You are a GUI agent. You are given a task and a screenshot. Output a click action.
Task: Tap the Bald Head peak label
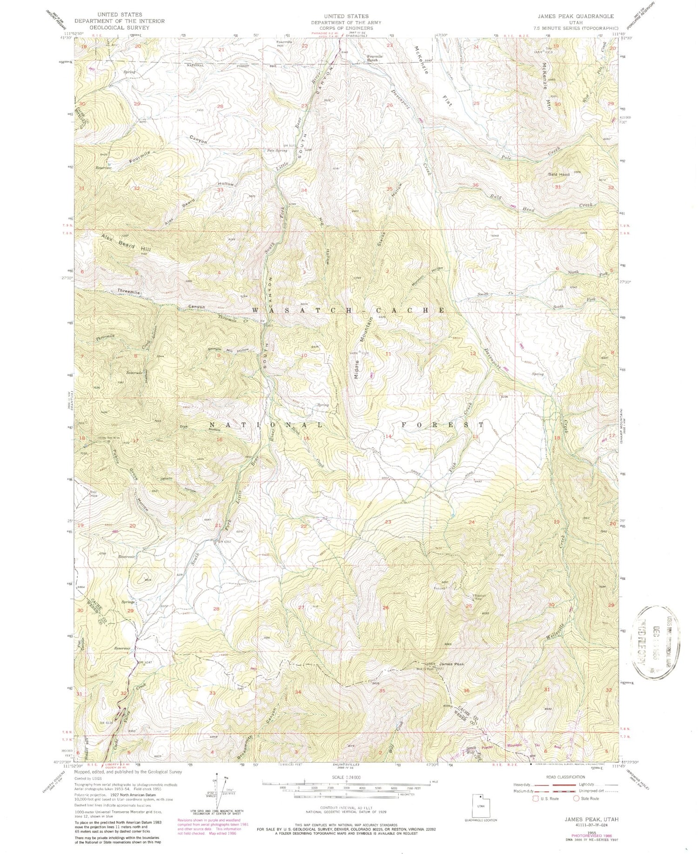point(559,174)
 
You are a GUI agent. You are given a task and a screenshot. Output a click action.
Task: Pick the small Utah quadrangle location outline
point(481,806)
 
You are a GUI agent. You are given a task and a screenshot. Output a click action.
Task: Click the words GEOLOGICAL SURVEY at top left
point(120,27)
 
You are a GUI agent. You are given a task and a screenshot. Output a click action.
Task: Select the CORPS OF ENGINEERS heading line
point(346,28)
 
